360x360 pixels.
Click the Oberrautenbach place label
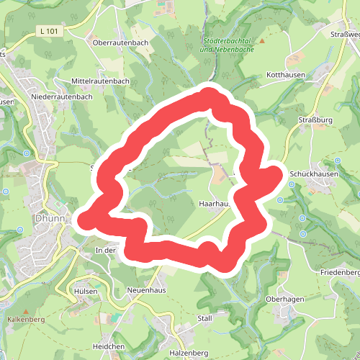pos(120,42)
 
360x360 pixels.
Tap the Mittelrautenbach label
pos(101,81)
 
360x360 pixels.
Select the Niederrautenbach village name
pos(62,96)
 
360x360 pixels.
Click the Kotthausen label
pos(287,75)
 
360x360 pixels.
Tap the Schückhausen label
pos(314,174)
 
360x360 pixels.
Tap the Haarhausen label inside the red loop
pos(214,204)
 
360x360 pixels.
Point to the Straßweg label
pos(345,35)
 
